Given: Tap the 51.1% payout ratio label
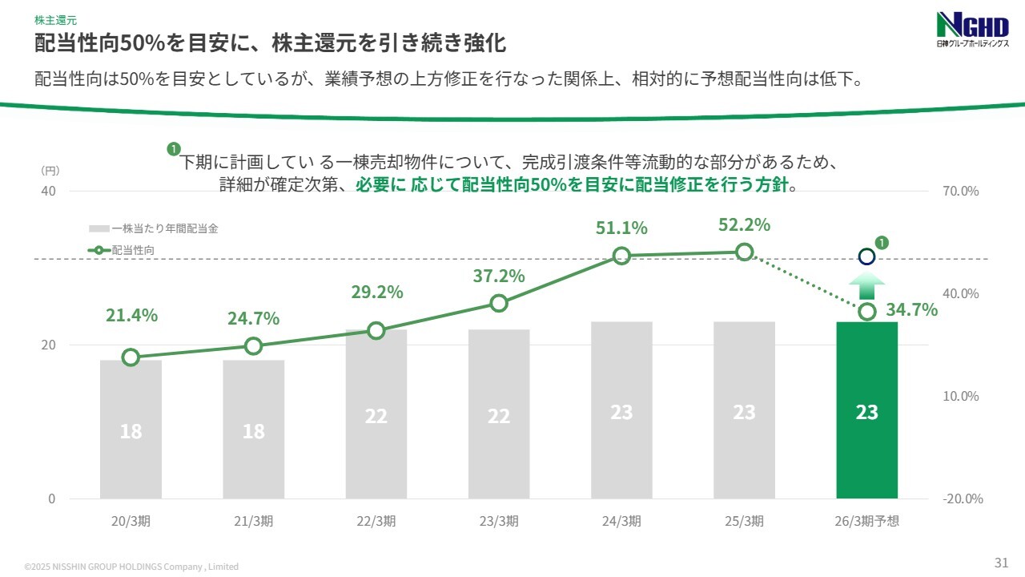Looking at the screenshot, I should click(621, 228).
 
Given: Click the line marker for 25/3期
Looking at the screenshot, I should click(744, 252).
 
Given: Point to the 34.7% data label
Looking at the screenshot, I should click(912, 309).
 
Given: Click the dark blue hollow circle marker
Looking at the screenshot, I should click(866, 257).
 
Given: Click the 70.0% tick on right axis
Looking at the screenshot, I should click(961, 192).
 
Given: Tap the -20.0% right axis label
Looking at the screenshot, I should click(963, 498).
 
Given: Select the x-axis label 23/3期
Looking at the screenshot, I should click(499, 521).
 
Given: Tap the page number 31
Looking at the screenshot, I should click(1001, 561).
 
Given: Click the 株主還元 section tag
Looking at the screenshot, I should click(55, 19).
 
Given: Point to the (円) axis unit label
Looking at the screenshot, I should click(49, 171).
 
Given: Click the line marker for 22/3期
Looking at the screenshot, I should click(376, 330).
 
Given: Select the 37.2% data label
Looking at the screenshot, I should click(499, 276).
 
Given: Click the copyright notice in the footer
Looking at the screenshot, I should click(131, 567).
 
